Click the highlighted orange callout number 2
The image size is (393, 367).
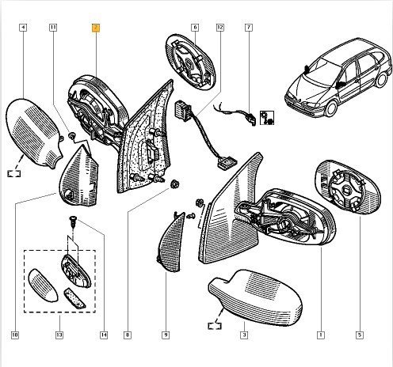pyautogui.click(x=96, y=28)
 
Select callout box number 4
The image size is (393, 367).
pyautogui.click(x=23, y=28)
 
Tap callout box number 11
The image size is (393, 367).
pyautogui.click(x=53, y=28)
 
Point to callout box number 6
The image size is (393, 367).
pyautogui.click(x=195, y=28)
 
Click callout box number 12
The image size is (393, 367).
pyautogui.click(x=220, y=28)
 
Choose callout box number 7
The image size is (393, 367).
pyautogui.click(x=249, y=28)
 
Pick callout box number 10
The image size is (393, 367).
pyautogui.click(x=15, y=335)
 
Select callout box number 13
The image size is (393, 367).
pyautogui.click(x=59, y=335)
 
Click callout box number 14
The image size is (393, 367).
pyautogui.click(x=104, y=335)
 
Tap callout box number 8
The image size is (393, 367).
pyautogui.click(x=128, y=335)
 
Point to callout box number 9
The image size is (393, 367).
pyautogui.click(x=166, y=335)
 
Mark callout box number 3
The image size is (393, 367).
pyautogui.click(x=244, y=335)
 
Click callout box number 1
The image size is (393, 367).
pyautogui.click(x=321, y=335)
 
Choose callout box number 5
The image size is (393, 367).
pyautogui.click(x=360, y=335)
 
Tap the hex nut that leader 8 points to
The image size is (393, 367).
pyautogui.click(x=174, y=183)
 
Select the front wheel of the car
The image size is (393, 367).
pyautogui.click(x=330, y=109)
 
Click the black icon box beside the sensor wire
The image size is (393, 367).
pyautogui.click(x=267, y=118)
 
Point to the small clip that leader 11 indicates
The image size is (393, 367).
pyautogui.click(x=71, y=136)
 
